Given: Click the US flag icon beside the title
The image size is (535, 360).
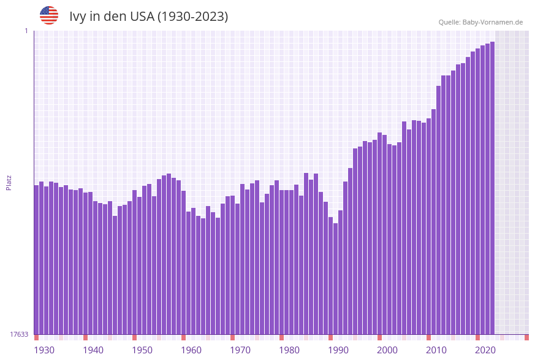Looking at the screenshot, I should click(49, 15).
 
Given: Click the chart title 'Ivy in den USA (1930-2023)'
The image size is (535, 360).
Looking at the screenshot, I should click(148, 17).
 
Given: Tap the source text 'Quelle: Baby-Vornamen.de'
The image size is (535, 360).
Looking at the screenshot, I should click(480, 22).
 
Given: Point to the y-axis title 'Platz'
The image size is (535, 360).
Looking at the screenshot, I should click(9, 182).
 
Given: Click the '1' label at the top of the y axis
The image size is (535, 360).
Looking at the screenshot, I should click(26, 31).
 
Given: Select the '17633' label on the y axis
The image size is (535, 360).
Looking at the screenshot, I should click(19, 334).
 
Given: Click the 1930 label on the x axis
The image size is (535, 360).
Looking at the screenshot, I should click(44, 350).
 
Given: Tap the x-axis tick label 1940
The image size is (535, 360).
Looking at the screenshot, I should click(93, 350).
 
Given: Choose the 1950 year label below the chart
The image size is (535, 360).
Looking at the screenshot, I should click(142, 350).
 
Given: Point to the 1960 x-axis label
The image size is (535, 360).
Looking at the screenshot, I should click(191, 350).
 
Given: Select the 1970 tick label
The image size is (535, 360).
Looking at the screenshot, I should click(240, 350).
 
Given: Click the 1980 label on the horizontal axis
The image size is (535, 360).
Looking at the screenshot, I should click(289, 350).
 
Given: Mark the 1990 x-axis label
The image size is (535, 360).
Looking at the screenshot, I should click(338, 350).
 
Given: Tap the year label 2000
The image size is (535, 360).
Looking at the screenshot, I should click(387, 350).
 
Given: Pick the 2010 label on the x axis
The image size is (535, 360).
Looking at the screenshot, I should click(436, 350).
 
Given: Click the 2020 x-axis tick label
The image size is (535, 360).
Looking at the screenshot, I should click(485, 350).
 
